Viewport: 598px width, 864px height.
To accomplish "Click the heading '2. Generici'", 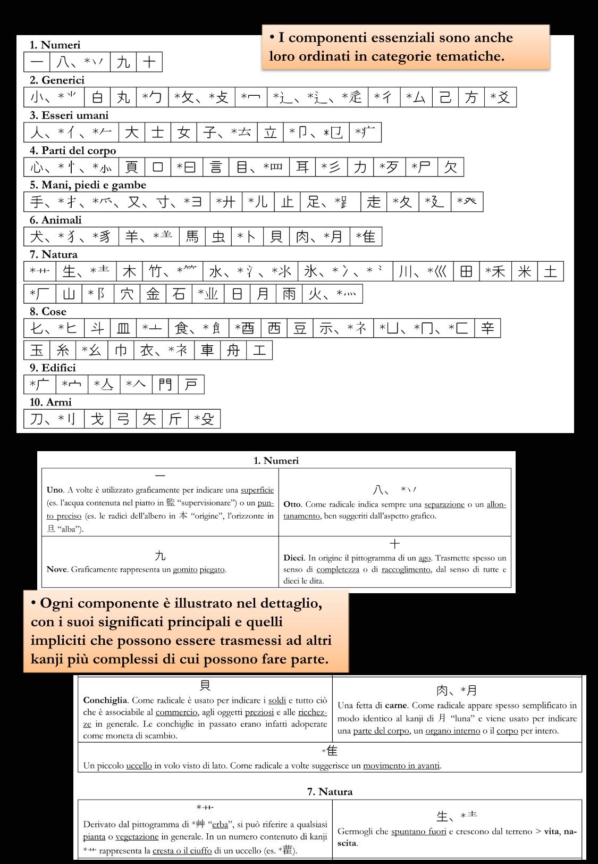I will [x=57, y=80].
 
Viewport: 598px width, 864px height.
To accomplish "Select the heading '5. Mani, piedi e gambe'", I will [x=88, y=185].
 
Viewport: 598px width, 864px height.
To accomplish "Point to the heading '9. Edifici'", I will [x=53, y=368].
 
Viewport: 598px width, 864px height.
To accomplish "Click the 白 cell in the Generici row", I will [x=97, y=97].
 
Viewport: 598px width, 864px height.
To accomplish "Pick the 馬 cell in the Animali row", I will [x=192, y=237].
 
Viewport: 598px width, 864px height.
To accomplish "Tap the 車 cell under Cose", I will [x=207, y=350].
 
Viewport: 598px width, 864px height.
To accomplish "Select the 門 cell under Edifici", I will [x=165, y=385].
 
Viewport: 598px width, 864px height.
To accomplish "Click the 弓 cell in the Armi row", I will [x=123, y=419].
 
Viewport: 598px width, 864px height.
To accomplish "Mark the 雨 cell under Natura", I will [x=289, y=294].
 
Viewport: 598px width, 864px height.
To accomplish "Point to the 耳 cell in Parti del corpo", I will [x=302, y=168].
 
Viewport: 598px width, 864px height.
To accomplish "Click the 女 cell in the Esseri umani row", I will [x=184, y=132].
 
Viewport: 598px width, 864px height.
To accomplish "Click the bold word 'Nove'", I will [x=57, y=569].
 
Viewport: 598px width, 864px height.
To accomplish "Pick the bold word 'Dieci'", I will [x=293, y=558].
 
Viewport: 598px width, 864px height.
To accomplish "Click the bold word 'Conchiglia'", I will [x=105, y=700].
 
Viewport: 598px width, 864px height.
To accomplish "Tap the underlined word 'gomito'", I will [x=185, y=569].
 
